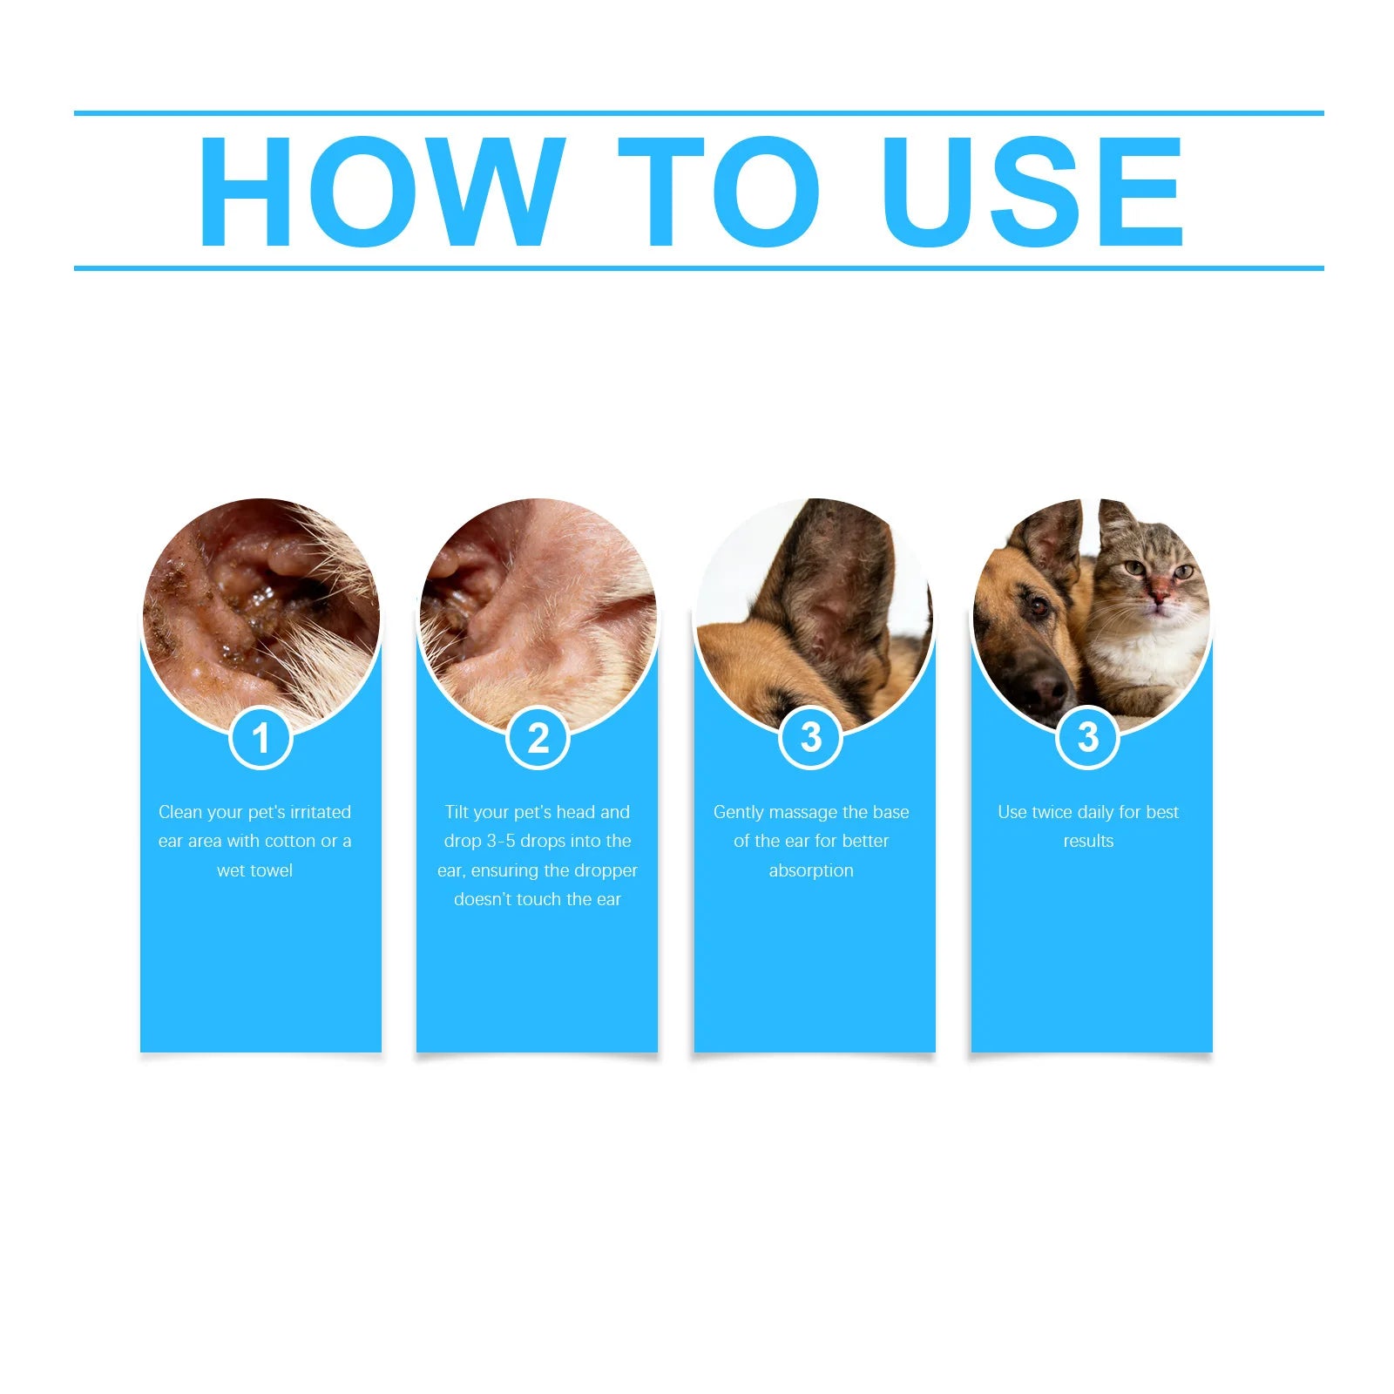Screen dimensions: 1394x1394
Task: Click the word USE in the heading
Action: [x=1032, y=192]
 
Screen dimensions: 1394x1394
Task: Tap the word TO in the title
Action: [x=719, y=192]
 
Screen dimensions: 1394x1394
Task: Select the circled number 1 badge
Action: [x=261, y=739]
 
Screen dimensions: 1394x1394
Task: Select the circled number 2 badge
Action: [x=538, y=739]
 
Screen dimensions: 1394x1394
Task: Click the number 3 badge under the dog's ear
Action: [x=810, y=737]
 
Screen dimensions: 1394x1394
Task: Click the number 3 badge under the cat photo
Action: [x=1087, y=737]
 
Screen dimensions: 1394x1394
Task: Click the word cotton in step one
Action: [x=289, y=841]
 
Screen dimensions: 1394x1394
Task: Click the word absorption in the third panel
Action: [x=810, y=870]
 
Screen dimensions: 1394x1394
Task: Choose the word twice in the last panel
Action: [x=1052, y=812]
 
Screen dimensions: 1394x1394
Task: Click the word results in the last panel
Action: [x=1087, y=841]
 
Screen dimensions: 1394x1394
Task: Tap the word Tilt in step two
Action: [x=457, y=812]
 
